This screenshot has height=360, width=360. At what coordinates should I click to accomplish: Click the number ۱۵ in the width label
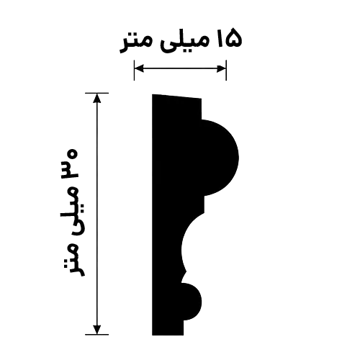[229, 38]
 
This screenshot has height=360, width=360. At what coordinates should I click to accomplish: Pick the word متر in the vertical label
[75, 259]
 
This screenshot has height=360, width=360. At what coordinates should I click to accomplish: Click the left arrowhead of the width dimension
[139, 68]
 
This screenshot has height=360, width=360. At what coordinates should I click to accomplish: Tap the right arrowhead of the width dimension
[221, 68]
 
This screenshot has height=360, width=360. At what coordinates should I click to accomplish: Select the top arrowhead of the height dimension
[97, 98]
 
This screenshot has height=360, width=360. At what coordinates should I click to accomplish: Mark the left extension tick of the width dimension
[134, 70]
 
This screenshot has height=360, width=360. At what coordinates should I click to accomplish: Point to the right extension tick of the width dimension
[226, 70]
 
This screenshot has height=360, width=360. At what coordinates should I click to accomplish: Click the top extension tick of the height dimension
[97, 93]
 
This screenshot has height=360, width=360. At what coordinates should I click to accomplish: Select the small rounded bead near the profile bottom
[192, 301]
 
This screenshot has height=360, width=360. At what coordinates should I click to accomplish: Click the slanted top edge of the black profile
[177, 96]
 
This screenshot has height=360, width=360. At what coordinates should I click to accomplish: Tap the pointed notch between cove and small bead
[185, 273]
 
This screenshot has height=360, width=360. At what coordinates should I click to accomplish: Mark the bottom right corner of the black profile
[184, 335]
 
